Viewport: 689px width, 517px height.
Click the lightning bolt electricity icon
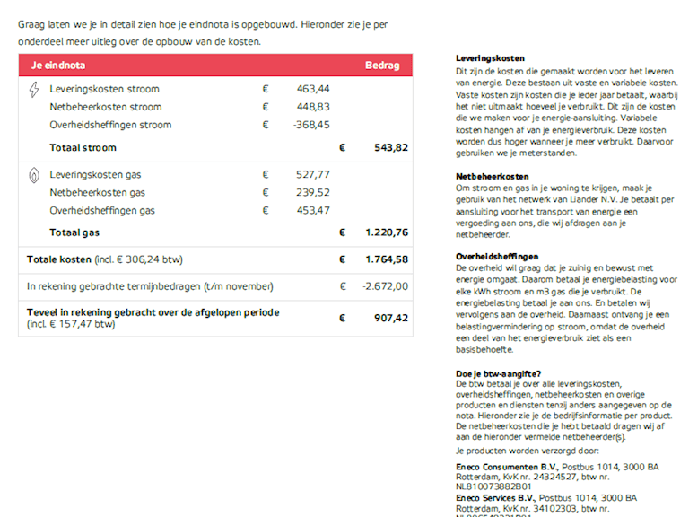(x=34, y=90)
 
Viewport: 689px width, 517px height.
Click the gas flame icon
(x=34, y=175)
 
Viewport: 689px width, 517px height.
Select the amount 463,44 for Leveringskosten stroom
(x=313, y=89)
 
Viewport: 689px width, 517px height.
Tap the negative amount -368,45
(x=311, y=125)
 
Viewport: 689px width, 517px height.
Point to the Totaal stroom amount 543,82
(x=390, y=147)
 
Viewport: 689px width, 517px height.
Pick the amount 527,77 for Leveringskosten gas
(x=313, y=174)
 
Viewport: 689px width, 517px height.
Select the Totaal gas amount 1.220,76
(x=387, y=232)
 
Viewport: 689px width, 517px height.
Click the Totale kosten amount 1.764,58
(x=387, y=259)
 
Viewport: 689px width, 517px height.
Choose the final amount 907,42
(x=390, y=318)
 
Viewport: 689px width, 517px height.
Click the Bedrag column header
(x=381, y=66)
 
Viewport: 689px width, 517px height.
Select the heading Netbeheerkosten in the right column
(x=493, y=177)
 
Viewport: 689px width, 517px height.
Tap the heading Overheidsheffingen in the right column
(x=497, y=257)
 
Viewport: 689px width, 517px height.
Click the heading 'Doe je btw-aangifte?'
(x=498, y=373)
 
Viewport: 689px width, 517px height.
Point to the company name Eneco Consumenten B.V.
(x=507, y=468)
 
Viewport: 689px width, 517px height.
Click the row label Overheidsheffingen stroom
(x=110, y=125)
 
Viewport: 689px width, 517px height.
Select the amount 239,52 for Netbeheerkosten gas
(x=313, y=192)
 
